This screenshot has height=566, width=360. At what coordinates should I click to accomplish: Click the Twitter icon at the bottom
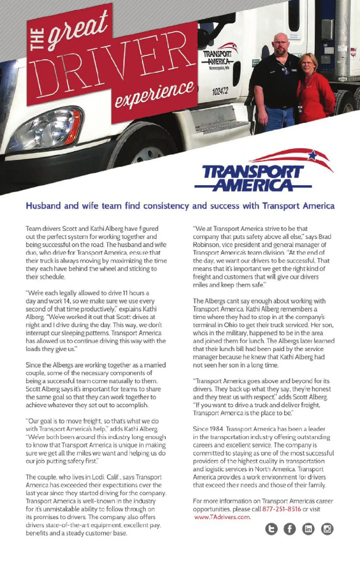[x=271, y=529]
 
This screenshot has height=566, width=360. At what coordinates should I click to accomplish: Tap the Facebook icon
[x=289, y=529]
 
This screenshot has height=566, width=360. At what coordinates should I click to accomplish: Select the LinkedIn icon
[x=308, y=529]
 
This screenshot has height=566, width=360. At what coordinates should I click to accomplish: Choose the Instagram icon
[x=327, y=529]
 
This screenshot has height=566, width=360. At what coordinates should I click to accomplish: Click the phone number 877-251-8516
[x=282, y=509]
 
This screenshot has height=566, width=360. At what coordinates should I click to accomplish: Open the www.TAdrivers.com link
[x=222, y=517]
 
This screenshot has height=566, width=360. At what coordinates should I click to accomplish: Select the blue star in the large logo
[x=312, y=155]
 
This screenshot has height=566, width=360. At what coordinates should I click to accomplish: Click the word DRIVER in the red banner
[x=112, y=64]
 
